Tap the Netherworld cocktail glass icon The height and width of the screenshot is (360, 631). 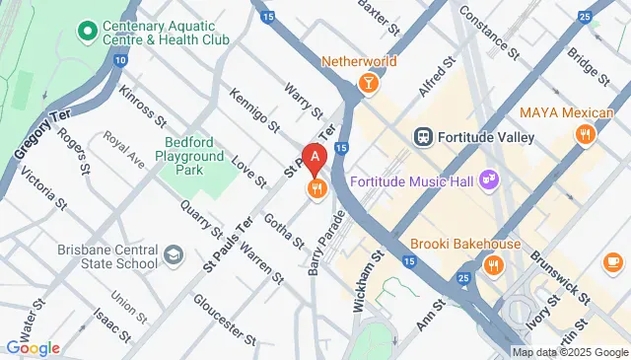(x=368, y=84)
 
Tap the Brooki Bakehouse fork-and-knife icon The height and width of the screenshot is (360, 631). (x=493, y=264)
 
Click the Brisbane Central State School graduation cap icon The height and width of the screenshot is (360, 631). (x=174, y=255)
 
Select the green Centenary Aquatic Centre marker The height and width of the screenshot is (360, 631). (x=88, y=32)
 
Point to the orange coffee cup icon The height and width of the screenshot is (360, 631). (x=612, y=261)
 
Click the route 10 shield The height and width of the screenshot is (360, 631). (x=119, y=61)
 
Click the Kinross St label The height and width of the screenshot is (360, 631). (x=142, y=107)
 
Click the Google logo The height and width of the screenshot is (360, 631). (x=33, y=347)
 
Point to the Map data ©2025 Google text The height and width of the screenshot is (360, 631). (x=570, y=352)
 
